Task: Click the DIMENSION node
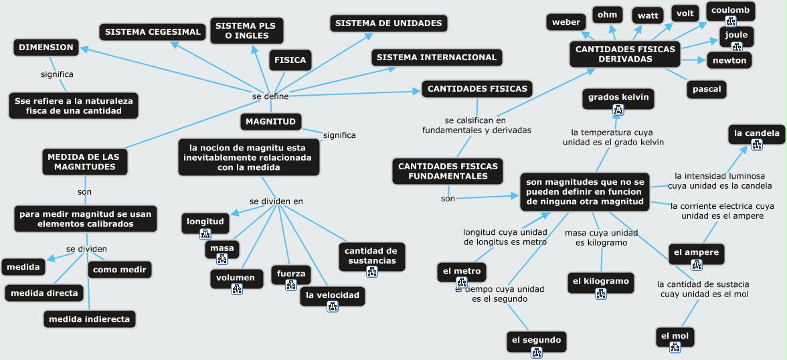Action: [46, 48]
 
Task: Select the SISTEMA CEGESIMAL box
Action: [153, 31]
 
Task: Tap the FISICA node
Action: [290, 60]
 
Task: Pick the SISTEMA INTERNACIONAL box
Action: [436, 58]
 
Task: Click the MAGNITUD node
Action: [270, 122]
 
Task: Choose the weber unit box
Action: [566, 22]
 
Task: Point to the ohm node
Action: [607, 15]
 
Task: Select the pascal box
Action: [706, 88]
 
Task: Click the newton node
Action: [729, 60]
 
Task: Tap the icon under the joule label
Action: [737, 46]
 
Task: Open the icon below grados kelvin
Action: [618, 110]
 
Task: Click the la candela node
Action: [756, 134]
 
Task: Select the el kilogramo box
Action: [600, 282]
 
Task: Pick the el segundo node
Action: [536, 340]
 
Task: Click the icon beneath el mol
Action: [675, 347]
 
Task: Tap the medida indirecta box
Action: [89, 319]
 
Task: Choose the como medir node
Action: [119, 269]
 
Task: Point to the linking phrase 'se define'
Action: [270, 96]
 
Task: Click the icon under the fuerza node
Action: [290, 285]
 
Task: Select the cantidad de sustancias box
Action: [370, 256]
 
